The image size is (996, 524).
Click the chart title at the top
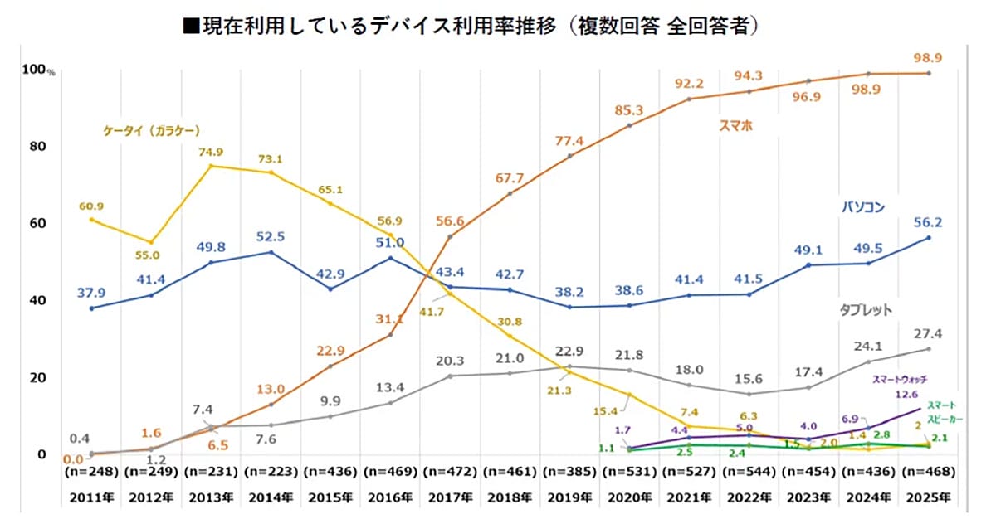coord(471,26)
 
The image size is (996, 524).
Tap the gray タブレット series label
coord(863,310)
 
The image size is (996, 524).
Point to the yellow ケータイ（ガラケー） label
coord(153,130)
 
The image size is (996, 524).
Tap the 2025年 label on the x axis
coord(927,497)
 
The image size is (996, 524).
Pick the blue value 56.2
coord(928,222)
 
